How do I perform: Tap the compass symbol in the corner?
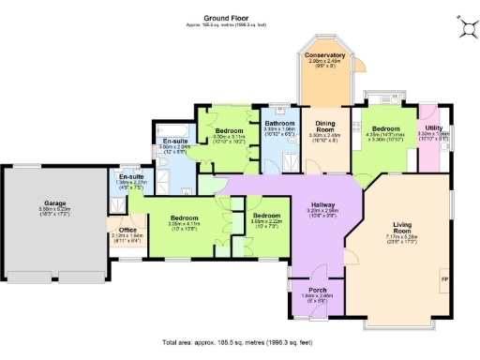464,28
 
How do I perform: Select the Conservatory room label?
324,55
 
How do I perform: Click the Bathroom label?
279,123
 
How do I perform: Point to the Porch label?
314,290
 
